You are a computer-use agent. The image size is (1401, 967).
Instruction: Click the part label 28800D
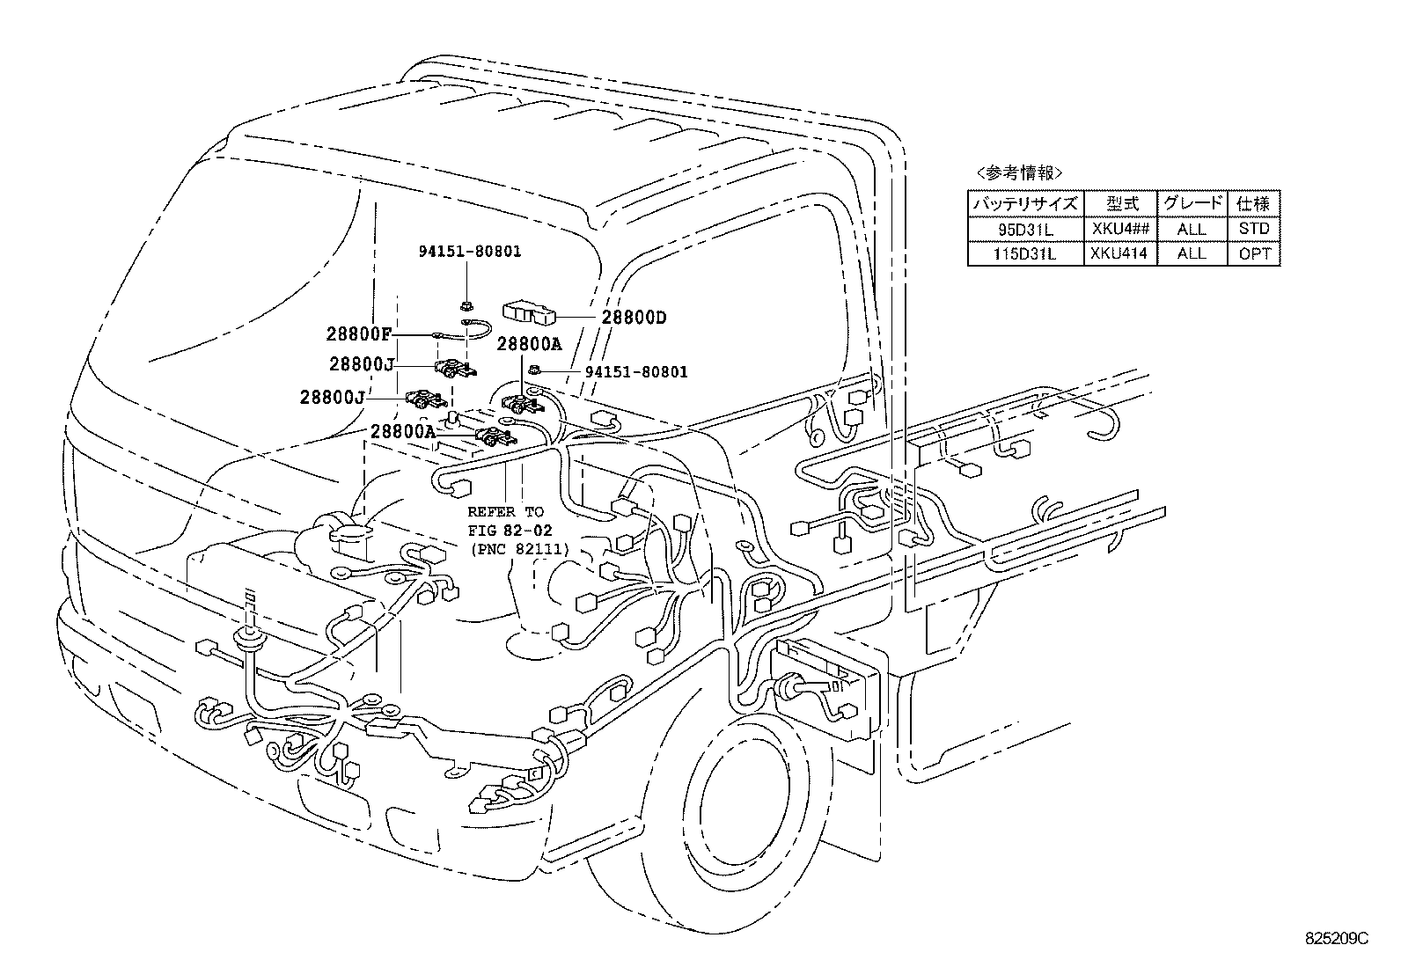(634, 318)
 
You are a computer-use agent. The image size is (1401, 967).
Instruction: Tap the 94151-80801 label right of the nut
(636, 372)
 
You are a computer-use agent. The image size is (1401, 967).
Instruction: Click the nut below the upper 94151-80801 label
(464, 305)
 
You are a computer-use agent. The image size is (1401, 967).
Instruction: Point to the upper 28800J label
(362, 363)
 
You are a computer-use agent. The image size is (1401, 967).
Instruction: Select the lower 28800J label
(332, 397)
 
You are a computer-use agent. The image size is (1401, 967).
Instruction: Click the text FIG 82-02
(507, 531)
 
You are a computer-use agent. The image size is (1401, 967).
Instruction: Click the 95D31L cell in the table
(1025, 229)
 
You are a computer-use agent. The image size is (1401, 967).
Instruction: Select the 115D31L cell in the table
(1025, 253)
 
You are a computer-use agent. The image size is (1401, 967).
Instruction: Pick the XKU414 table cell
(1119, 253)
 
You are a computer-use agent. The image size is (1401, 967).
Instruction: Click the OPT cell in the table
(1254, 253)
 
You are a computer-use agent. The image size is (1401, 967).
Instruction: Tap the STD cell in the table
(1254, 229)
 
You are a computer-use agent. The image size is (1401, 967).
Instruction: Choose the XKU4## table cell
(1119, 229)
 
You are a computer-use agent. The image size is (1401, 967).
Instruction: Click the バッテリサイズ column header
(1025, 204)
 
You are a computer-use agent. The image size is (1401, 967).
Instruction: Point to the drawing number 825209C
(1337, 939)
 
